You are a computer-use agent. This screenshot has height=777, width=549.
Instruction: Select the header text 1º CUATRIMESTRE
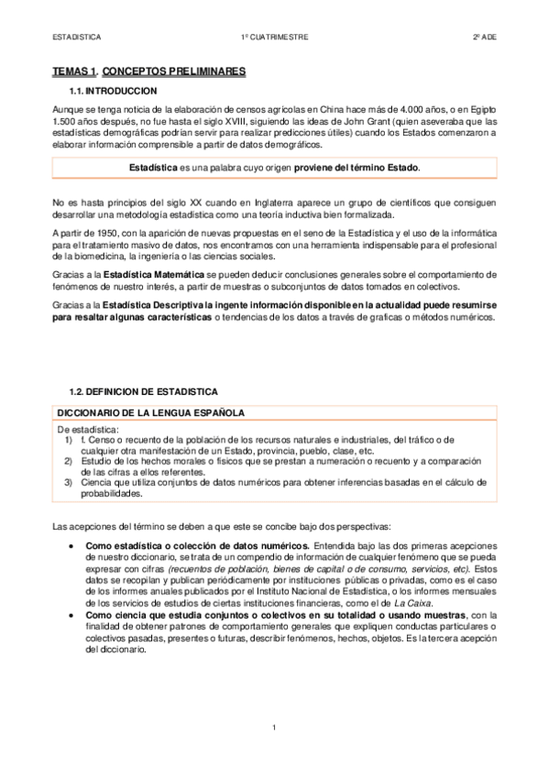pos(274,38)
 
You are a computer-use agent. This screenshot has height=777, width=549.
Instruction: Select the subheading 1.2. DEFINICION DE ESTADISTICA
pos(144,391)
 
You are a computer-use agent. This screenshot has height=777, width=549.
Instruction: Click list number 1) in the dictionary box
pos(69,440)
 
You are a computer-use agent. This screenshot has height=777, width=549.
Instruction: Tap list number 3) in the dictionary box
pos(69,481)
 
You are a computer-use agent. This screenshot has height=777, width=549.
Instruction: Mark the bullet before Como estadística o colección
pos(72,545)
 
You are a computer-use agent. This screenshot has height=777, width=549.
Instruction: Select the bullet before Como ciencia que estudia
pos(72,615)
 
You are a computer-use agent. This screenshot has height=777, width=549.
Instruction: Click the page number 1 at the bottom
pos(274,728)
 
